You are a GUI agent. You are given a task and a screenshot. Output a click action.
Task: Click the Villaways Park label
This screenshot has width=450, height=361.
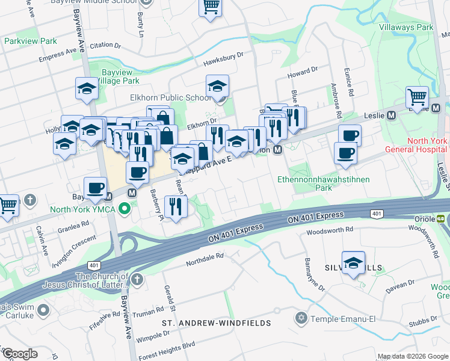point(406,27)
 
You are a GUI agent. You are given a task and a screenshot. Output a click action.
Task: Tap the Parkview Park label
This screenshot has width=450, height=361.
point(30,41)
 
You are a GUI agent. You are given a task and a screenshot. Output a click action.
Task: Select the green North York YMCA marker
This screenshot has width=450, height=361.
point(125,209)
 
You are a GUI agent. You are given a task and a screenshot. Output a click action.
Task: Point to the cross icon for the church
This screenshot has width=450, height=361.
point(137,279)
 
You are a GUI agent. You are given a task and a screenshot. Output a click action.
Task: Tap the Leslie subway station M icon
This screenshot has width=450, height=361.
point(391,115)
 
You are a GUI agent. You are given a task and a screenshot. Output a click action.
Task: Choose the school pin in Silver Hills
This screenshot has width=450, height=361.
point(353,262)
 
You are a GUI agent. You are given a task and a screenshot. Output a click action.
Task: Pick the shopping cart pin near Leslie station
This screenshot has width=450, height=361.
point(416,96)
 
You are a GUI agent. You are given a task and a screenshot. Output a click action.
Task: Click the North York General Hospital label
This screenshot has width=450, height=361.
point(427,146)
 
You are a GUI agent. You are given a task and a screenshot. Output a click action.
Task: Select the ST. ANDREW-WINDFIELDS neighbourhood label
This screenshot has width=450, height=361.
point(217,323)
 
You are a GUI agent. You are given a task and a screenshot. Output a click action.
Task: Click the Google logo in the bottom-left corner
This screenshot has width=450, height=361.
point(20,354)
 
